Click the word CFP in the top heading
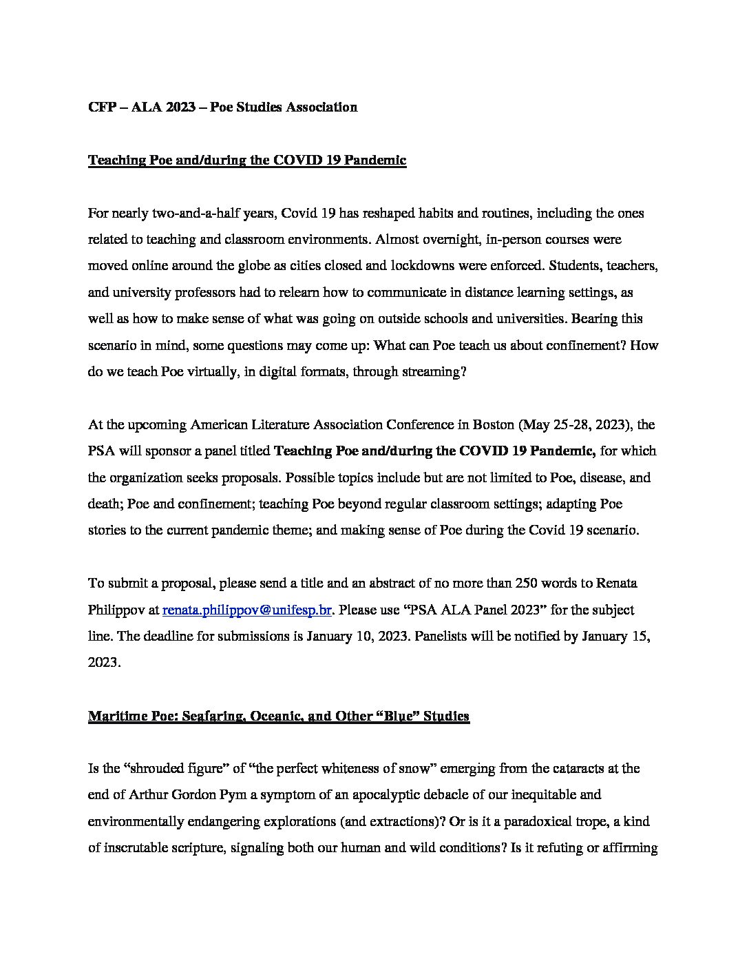click(102, 107)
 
